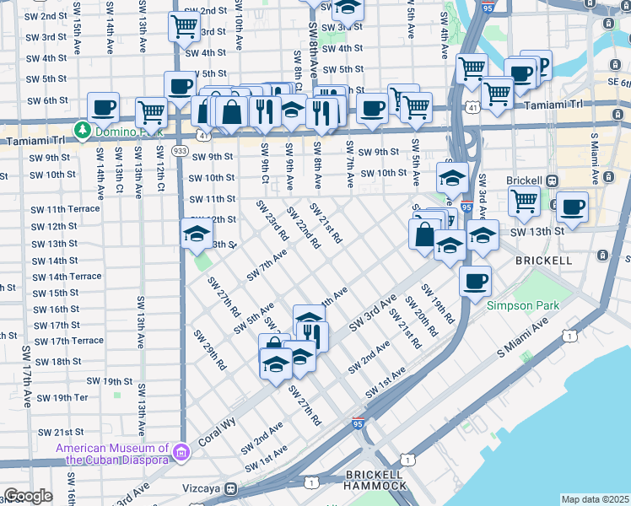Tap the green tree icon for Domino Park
pyautogui.click(x=83, y=130)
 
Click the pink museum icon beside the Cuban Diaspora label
pyautogui.click(x=179, y=454)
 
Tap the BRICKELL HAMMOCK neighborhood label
pyautogui.click(x=375, y=480)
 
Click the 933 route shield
pyautogui.click(x=180, y=149)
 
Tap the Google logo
pyautogui.click(x=27, y=496)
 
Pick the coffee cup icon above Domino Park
pyautogui.click(x=103, y=107)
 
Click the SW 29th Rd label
pyautogui.click(x=210, y=350)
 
